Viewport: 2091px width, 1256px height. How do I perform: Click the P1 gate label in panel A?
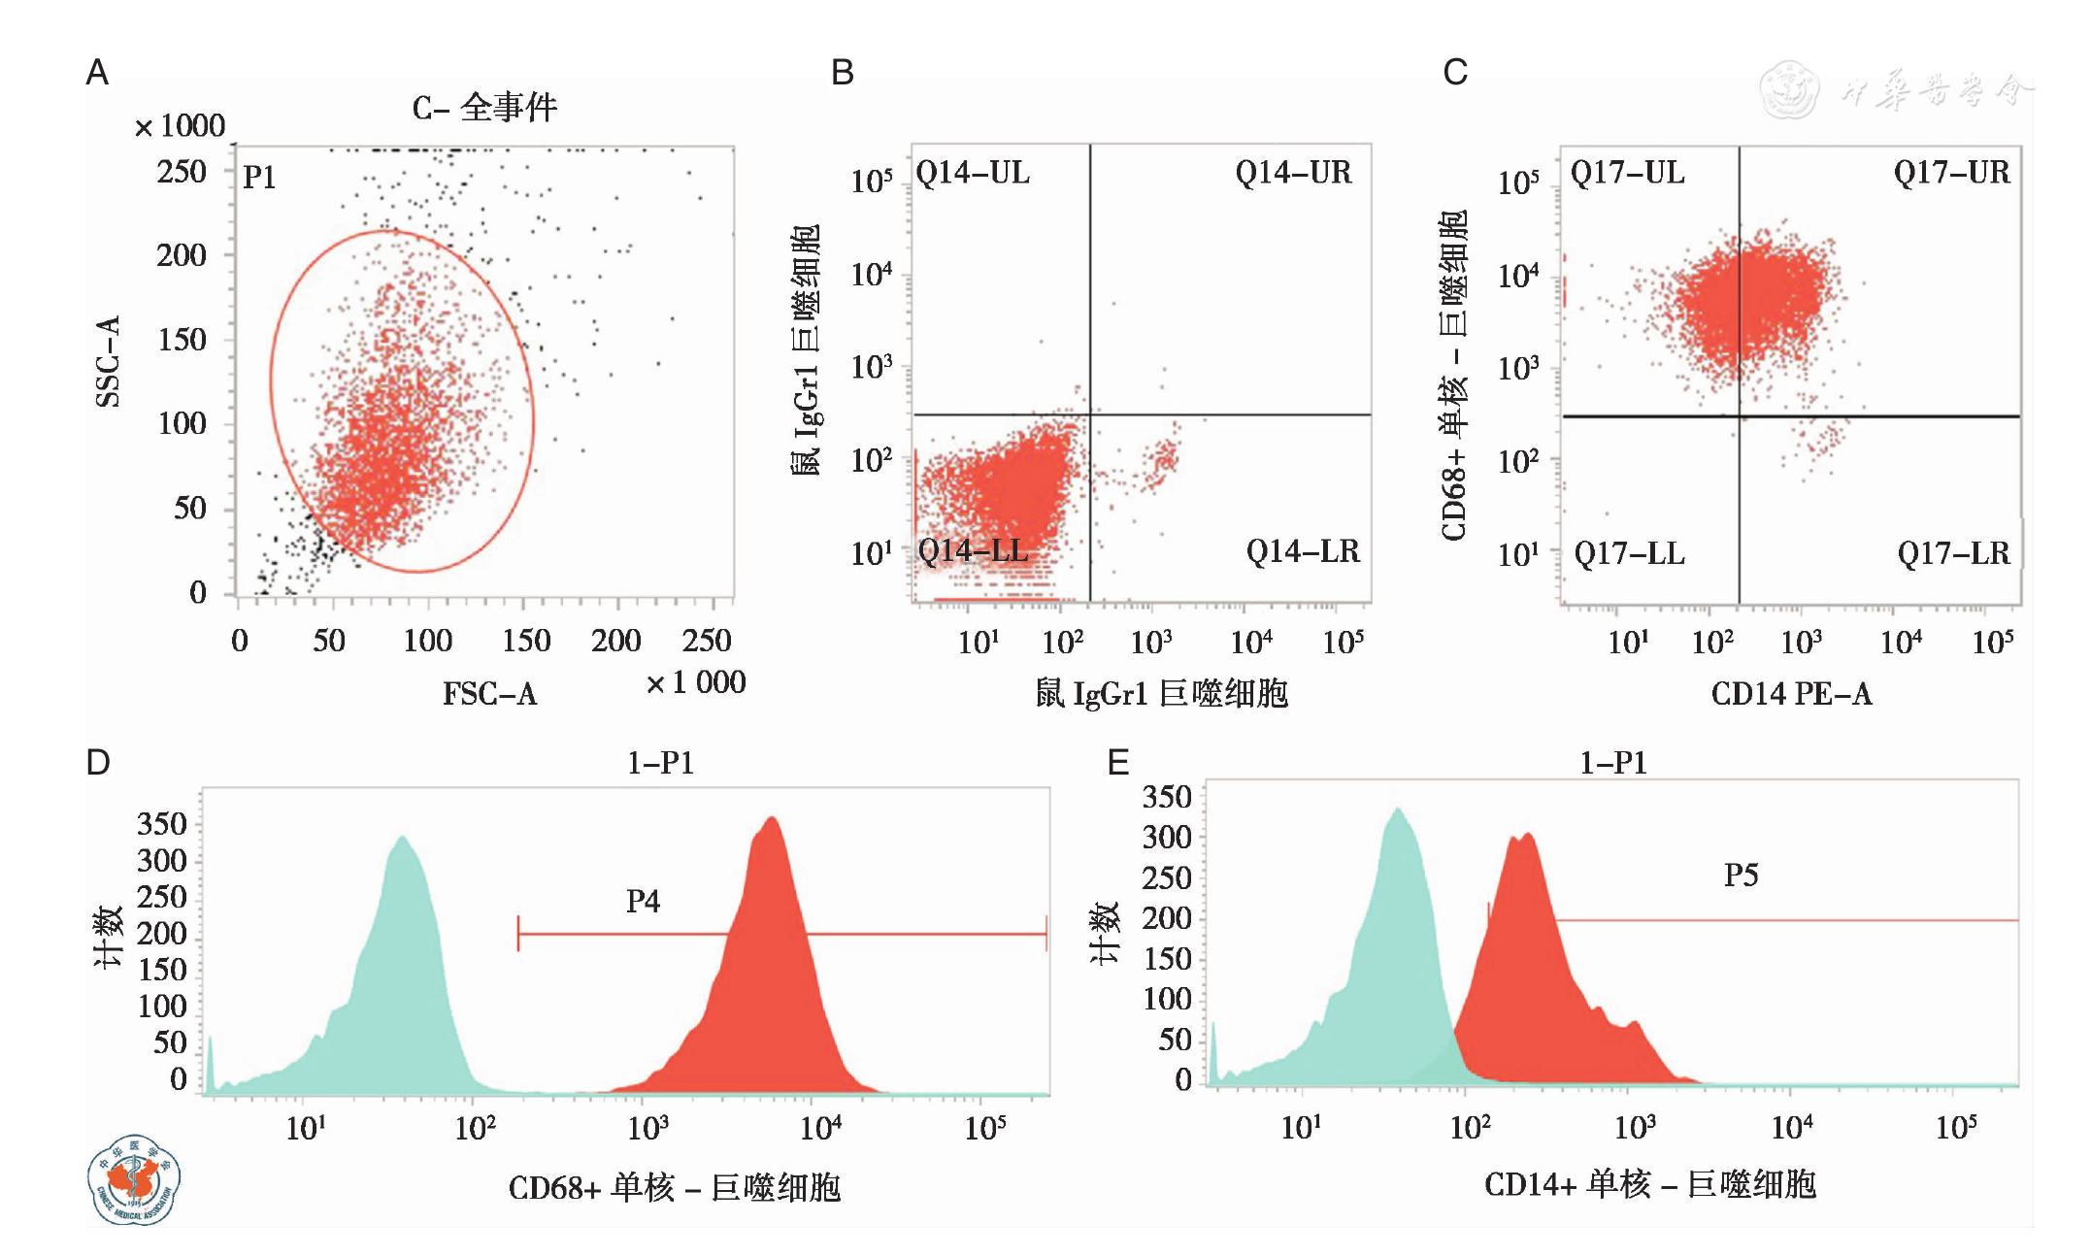pos(259,178)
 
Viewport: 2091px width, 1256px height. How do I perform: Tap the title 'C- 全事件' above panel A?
pos(484,108)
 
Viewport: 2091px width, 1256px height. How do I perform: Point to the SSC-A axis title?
pos(108,361)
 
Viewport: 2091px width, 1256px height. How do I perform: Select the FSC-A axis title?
pos(489,693)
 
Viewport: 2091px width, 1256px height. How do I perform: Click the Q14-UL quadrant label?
pos(973,173)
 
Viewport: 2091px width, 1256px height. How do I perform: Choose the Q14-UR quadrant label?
pos(1293,173)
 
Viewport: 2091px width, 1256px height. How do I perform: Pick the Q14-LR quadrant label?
pos(1303,551)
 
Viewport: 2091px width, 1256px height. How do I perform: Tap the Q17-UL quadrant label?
pos(1628,173)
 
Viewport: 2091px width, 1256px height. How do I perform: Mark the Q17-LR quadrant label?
pos(1953,553)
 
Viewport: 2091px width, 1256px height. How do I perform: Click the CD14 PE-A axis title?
pos(1791,693)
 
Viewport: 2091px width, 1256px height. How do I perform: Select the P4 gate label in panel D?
pos(643,902)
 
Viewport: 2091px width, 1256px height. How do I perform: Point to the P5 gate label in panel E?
pos(1741,876)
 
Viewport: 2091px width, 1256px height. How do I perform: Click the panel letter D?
pos(98,763)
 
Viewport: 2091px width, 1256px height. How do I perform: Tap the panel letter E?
pos(1118,763)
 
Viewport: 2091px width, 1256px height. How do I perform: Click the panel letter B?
pos(842,73)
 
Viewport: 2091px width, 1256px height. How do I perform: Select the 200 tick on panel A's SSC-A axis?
pos(182,255)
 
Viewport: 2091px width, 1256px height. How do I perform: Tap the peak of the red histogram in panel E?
pos(1521,837)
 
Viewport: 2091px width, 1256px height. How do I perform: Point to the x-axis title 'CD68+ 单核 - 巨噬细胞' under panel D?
pos(674,1187)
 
